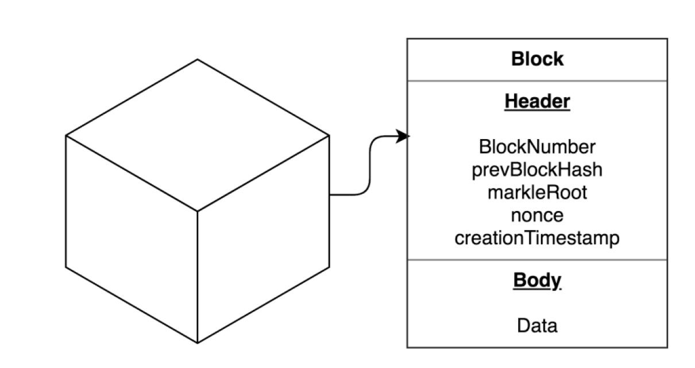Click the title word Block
pyautogui.click(x=537, y=59)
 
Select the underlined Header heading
pyautogui.click(x=537, y=101)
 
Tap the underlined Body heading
pyautogui.click(x=537, y=280)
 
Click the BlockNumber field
pyautogui.click(x=537, y=147)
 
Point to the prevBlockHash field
pyautogui.click(x=537, y=170)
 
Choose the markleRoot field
pyautogui.click(x=537, y=192)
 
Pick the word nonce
pyautogui.click(x=537, y=215)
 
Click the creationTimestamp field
pyautogui.click(x=537, y=237)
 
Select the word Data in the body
pyautogui.click(x=537, y=326)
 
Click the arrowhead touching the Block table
pyautogui.click(x=404, y=136)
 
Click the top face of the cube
pyautogui.click(x=198, y=135)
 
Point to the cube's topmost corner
pyautogui.click(x=198, y=59)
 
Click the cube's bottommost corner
pyautogui.click(x=198, y=343)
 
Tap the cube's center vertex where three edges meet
pyautogui.click(x=198, y=210)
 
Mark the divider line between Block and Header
pyautogui.click(x=537, y=81)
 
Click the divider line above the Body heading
pyautogui.click(x=537, y=260)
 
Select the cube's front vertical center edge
pyautogui.click(x=198, y=276)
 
